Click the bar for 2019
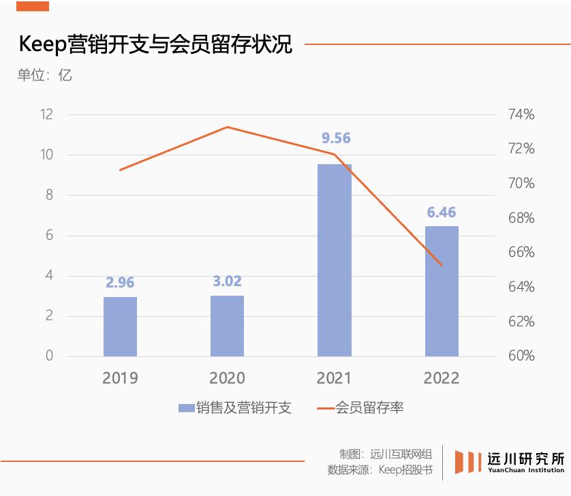tap(121, 327)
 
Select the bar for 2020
tap(227, 326)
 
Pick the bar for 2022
tap(442, 292)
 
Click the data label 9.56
tap(336, 138)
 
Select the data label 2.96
tap(120, 283)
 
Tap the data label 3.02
tap(227, 281)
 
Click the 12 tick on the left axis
tap(46, 114)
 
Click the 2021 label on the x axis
tap(334, 378)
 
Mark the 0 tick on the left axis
tap(50, 356)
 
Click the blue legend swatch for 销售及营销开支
tap(186, 408)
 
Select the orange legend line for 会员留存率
tap(326, 408)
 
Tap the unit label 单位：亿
tap(44, 75)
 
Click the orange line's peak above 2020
tap(227, 127)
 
